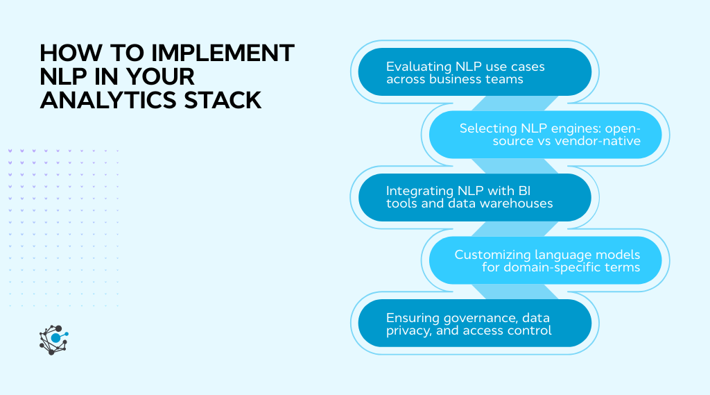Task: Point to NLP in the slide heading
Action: [64, 76]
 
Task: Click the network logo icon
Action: [53, 339]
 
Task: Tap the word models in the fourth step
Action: [621, 254]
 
